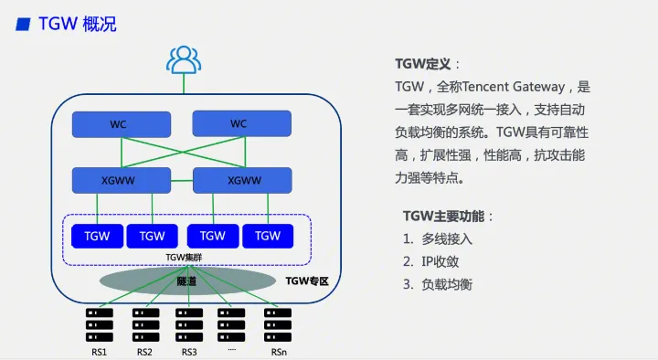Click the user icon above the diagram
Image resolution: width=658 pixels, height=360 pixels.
(184, 60)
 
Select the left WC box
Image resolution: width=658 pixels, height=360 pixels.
(122, 124)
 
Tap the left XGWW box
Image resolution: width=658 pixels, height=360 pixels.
(122, 181)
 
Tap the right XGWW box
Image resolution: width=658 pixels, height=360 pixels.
(243, 181)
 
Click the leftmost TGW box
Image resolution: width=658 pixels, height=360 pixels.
(96, 236)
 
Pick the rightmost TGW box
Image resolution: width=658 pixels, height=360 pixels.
(268, 236)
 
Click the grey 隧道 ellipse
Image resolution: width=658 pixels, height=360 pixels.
(189, 281)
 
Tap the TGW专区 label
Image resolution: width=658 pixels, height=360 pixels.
(307, 281)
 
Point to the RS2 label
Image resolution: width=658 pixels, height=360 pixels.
(144, 351)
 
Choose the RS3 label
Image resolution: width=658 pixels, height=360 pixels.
(189, 351)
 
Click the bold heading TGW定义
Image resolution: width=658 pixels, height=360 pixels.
(422, 64)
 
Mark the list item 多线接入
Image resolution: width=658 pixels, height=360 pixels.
(447, 239)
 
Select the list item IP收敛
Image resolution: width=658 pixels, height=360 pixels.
(440, 261)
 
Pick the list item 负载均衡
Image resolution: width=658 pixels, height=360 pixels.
(447, 284)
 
